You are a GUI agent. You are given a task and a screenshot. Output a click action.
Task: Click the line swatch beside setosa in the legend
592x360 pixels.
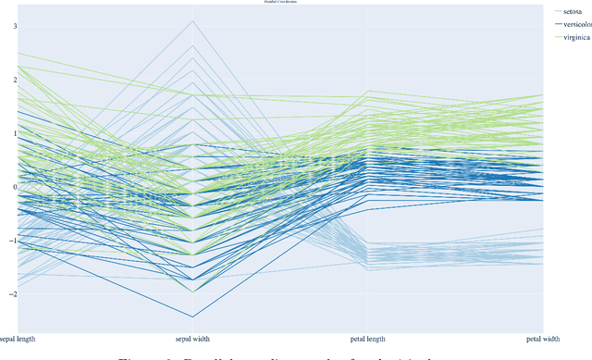(x=559, y=11)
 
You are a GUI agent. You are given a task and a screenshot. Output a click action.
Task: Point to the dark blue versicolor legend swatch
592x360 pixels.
(x=559, y=24)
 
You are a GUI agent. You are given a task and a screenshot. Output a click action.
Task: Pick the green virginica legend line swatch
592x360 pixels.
(x=559, y=37)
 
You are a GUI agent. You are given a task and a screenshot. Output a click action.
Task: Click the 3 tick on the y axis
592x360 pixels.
(x=14, y=27)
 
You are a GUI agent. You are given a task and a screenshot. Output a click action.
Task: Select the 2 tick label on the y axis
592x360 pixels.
(x=14, y=81)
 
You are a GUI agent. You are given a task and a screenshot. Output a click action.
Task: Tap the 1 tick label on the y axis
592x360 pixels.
(x=14, y=133)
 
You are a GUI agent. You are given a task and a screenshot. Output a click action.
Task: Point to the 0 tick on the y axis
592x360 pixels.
(x=14, y=187)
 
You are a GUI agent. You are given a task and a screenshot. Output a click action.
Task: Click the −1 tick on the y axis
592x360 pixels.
(x=12, y=241)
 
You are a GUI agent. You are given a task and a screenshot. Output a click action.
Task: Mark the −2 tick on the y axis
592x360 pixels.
(x=12, y=293)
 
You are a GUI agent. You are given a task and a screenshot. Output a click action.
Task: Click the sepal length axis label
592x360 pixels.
(x=18, y=340)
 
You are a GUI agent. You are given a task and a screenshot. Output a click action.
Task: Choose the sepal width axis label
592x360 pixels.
(x=193, y=340)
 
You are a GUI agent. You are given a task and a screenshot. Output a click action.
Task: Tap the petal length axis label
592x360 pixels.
(x=369, y=340)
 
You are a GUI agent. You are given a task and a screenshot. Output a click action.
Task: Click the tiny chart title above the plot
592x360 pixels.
(x=281, y=3)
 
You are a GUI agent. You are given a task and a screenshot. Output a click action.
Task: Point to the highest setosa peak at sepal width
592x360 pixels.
(x=193, y=21)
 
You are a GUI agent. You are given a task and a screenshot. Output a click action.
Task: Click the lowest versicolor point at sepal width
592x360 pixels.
(x=193, y=317)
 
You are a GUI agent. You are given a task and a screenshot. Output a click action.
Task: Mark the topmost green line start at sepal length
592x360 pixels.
(x=18, y=54)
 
